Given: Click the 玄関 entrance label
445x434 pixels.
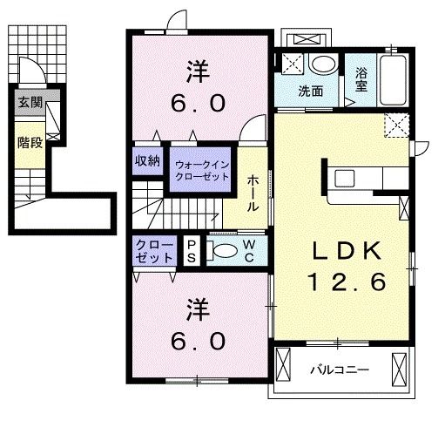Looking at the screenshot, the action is [30, 103].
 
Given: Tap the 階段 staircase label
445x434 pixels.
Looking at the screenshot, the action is [30, 143].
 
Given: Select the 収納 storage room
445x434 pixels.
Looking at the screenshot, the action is [147, 161].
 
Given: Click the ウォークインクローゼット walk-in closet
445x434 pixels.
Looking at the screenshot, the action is [200, 170].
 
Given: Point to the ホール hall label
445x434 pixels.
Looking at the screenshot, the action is [253, 193].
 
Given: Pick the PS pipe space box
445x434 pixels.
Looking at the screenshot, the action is [192, 251].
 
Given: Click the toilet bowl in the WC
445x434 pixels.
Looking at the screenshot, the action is [225, 251].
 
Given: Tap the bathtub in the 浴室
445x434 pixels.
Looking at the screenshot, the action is [393, 80].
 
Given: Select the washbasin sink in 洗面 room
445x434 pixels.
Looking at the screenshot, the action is [323, 64].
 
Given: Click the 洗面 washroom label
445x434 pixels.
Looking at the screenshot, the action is [311, 92].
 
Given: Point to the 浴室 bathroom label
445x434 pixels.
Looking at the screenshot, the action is [361, 79].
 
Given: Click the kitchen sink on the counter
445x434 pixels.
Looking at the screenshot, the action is [345, 179].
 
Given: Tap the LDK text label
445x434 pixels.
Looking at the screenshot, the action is [347, 251].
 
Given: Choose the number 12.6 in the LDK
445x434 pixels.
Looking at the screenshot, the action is [347, 281].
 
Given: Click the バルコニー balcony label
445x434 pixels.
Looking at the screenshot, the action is [340, 370].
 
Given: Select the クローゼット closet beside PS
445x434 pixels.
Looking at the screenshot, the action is [154, 251].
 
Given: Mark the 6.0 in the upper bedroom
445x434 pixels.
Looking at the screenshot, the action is [198, 104].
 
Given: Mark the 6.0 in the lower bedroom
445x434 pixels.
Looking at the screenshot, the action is [198, 341].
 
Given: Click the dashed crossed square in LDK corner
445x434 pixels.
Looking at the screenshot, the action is [397, 125].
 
